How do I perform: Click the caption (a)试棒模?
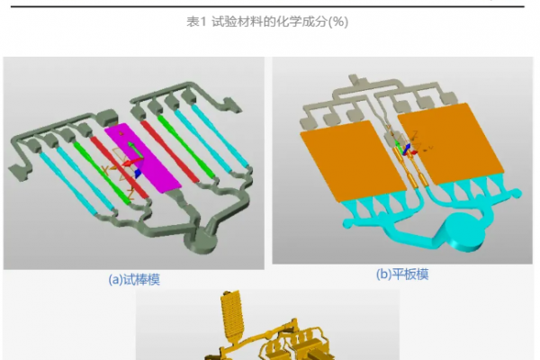(x=134, y=279)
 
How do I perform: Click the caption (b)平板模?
(x=401, y=274)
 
